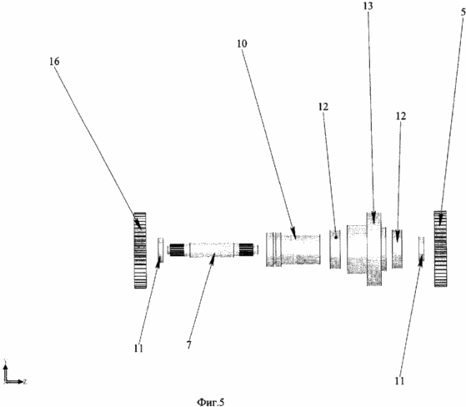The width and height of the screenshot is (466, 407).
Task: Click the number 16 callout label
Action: click(55, 62)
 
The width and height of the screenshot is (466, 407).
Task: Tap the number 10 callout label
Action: click(242, 43)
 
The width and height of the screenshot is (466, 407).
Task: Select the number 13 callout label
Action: click(368, 6)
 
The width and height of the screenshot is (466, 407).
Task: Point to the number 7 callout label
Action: click(189, 344)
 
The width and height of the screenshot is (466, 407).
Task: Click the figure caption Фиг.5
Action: click(211, 402)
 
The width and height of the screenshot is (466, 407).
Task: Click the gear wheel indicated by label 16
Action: click(140, 250)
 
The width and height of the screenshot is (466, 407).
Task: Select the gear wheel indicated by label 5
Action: click(440, 249)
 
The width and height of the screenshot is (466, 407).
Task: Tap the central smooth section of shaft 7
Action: click(211, 250)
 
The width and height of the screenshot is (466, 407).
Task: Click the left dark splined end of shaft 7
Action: click(177, 250)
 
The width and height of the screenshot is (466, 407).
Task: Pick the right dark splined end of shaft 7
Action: click(246, 249)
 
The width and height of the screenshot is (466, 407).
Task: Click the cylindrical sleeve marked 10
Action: click(293, 249)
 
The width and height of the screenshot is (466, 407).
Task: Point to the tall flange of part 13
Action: click(374, 249)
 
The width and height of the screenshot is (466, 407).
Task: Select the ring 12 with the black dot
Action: click(335, 249)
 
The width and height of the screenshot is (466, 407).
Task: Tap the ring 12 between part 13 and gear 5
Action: click(397, 249)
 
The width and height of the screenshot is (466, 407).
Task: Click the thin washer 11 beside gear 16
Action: click(161, 250)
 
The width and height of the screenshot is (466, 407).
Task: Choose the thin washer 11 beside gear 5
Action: click(421, 249)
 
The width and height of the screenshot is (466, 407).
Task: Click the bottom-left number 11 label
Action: click(138, 348)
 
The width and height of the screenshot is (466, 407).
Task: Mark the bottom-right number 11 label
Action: click(399, 381)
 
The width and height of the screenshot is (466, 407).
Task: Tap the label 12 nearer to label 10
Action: click(323, 107)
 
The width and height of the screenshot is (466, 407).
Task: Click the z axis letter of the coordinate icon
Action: click(25, 381)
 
